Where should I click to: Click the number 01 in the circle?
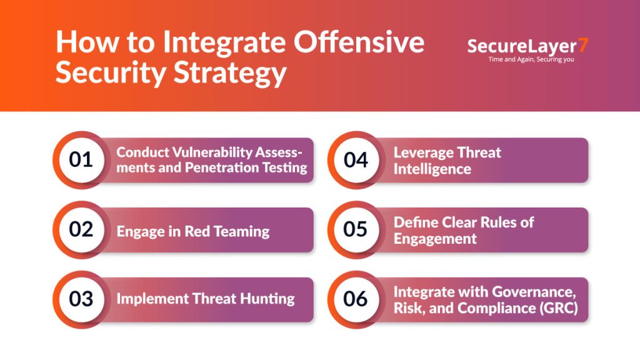pos(81,160)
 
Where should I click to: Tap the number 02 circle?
pos(81,229)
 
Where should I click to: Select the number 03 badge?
pos(81,299)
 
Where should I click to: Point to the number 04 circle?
pos(356,160)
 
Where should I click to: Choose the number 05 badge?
pos(356,229)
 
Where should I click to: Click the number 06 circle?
pos(356,299)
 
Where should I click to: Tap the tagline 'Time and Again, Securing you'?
pos(531,59)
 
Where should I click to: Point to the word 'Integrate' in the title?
pos(224,42)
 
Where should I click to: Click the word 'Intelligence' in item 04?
pos(432,169)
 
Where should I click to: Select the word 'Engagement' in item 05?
pos(435,239)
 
